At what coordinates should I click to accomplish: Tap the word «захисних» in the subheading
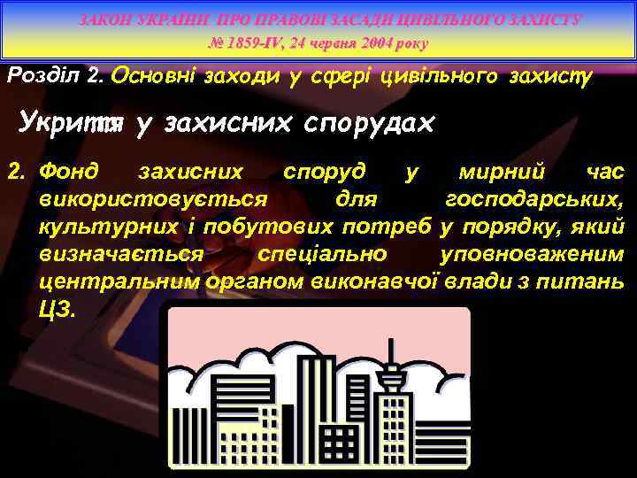(x=222, y=125)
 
